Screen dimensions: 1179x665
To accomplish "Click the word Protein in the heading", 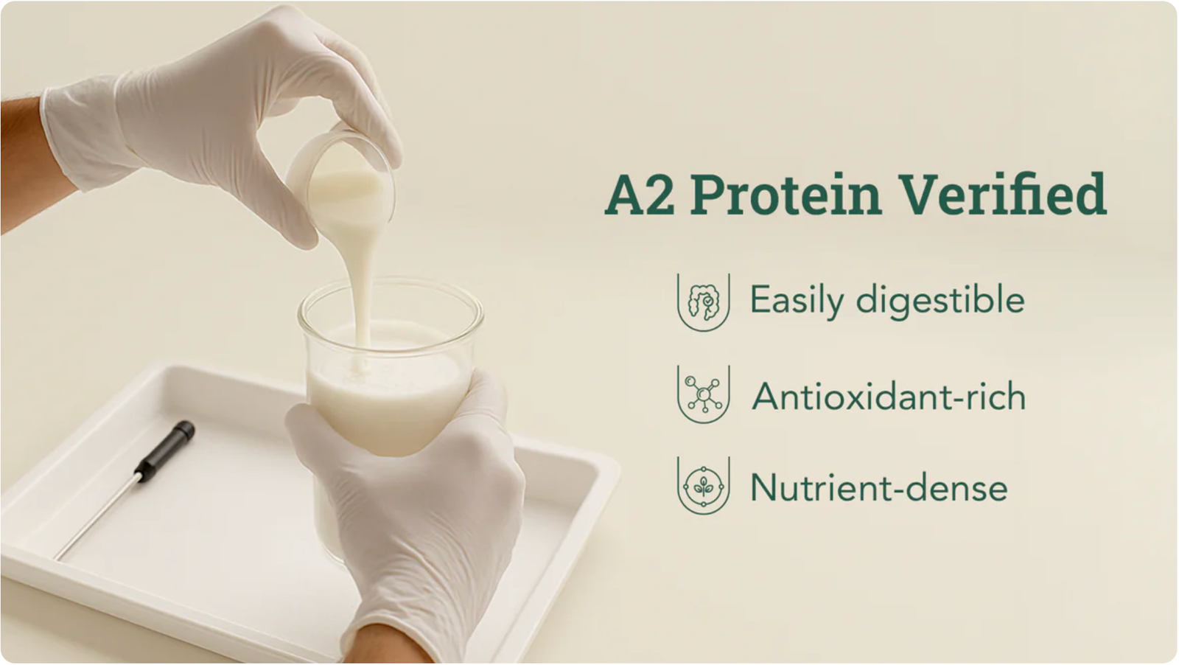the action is (786, 195).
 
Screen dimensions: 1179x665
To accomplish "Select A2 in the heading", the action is (640, 195).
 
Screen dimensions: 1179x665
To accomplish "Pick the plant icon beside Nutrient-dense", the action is (703, 485).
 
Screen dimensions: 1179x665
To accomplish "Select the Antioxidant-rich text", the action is (889, 397).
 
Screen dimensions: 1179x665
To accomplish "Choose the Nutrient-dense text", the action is (878, 488).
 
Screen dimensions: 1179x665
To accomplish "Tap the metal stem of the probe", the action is (98, 517).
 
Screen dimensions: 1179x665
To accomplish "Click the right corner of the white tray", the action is (616, 469).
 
